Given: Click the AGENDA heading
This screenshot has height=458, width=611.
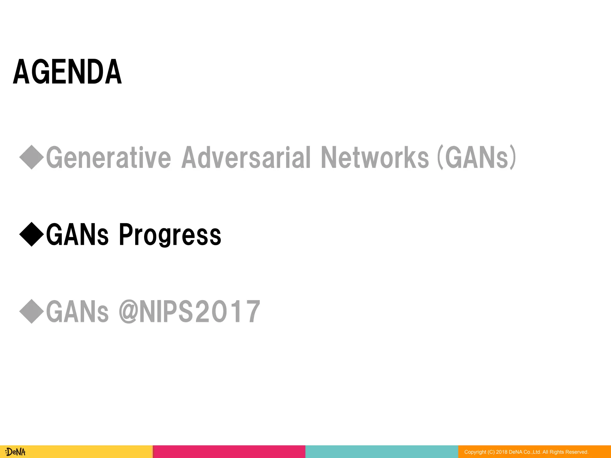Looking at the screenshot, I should [67, 72].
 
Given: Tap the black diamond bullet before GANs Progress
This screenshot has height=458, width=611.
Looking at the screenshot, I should [32, 234].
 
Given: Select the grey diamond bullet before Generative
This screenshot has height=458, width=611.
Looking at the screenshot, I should [32, 157].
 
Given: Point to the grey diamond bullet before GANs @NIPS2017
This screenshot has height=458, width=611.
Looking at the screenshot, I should [32, 311].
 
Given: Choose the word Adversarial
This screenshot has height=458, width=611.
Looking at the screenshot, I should [246, 157].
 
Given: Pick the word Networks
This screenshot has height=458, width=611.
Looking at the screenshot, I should [375, 157].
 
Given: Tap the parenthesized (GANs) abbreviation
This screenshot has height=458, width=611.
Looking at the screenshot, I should [476, 157].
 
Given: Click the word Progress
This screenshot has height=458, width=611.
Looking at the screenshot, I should [170, 235].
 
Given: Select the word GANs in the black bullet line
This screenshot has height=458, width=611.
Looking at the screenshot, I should [77, 235].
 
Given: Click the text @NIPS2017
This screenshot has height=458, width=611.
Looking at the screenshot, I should [189, 312].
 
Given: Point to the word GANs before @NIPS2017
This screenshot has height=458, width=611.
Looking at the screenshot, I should [77, 312].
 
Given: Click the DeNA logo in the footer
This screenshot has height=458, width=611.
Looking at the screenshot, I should [16, 452].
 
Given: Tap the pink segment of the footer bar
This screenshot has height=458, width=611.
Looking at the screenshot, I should [229, 452].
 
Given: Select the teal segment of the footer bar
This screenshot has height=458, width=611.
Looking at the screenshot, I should [382, 452].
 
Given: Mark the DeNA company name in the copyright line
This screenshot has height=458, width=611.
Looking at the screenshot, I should [515, 452].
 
